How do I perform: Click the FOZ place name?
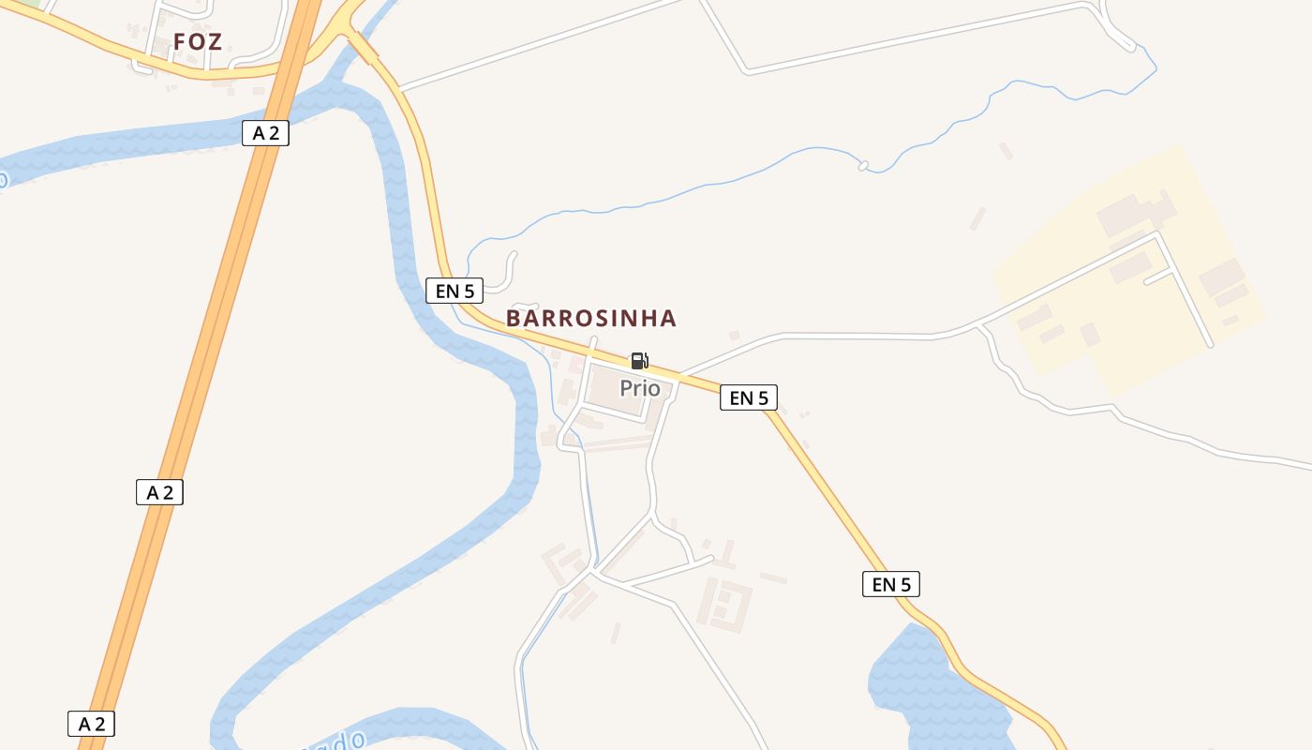(x=197, y=42)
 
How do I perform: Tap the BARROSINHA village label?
(x=590, y=319)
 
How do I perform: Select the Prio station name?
(x=639, y=388)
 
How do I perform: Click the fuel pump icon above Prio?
(x=639, y=361)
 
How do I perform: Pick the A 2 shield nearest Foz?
(x=266, y=133)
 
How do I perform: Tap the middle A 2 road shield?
(x=159, y=492)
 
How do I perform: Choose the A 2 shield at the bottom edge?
(x=91, y=724)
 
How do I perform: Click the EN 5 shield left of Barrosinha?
(x=455, y=291)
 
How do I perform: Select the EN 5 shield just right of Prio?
(x=749, y=397)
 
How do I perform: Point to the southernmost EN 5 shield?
(x=891, y=585)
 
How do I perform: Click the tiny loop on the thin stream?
(x=863, y=166)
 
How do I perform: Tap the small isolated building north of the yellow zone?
(x=1006, y=150)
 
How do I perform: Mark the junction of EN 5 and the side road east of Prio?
(x=680, y=375)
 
